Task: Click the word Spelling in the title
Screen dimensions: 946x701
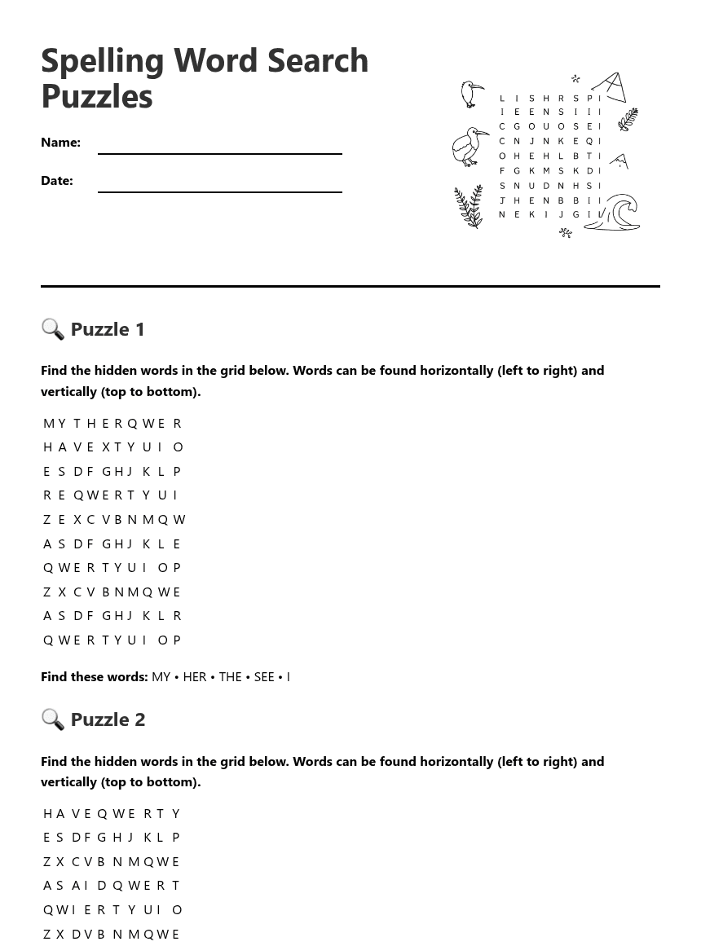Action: point(103,61)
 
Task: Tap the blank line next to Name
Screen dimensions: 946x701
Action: point(219,152)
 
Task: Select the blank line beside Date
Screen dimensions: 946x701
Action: point(219,190)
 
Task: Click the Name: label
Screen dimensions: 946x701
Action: point(60,142)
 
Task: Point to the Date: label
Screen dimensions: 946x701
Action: point(57,180)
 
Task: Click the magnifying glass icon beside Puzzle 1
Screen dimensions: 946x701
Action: point(53,328)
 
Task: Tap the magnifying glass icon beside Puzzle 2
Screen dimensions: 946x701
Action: point(53,719)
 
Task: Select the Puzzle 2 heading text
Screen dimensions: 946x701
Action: point(108,719)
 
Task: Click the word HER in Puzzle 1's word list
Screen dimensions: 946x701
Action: point(195,676)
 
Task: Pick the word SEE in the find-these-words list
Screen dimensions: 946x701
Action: point(264,676)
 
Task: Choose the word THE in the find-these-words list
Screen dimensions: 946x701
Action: point(230,676)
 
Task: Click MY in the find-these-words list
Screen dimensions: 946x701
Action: point(161,676)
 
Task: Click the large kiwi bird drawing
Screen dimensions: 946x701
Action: point(470,147)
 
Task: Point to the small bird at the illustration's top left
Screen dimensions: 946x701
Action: point(472,94)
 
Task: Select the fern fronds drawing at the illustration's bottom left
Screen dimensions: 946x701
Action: point(469,207)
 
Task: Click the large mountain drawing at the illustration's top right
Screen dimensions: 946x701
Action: point(610,87)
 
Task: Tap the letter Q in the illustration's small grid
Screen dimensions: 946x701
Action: point(589,141)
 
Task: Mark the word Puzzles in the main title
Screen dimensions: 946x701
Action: point(97,96)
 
